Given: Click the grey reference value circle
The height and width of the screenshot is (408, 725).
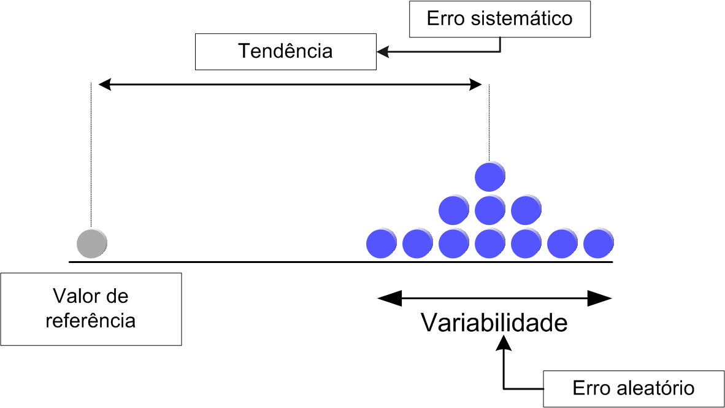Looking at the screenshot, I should pos(92,243).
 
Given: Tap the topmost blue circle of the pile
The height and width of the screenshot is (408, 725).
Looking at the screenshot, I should pos(490,176).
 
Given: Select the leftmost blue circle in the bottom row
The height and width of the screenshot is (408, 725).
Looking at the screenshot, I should pos(381,243).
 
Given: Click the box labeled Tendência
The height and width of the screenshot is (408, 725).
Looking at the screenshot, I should pos(285,51).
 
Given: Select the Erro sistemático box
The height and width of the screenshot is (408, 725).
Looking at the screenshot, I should pos(499,19).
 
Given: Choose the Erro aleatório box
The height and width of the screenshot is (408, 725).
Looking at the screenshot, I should pos(634,388).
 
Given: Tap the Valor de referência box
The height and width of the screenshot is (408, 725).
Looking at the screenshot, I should pos(91,308).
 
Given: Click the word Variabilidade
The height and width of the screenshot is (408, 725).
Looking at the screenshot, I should pos(494,322).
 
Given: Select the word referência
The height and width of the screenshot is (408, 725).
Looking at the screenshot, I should pos(91,320).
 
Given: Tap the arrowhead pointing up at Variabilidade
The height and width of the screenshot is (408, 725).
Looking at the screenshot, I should pos(504,346).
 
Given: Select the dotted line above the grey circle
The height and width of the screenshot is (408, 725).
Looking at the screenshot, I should pos(91,154).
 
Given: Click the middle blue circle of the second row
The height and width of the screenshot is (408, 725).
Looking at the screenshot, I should pos(490,210).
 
